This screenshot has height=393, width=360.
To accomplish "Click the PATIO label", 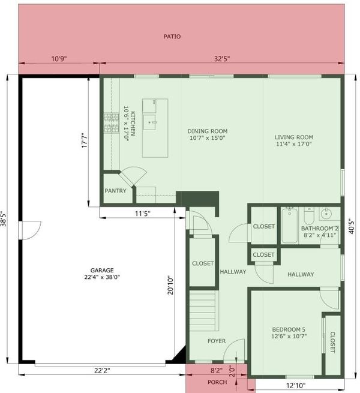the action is tap(172, 37).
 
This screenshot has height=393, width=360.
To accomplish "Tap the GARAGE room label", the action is tap(102, 270).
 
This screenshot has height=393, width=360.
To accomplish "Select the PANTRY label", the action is tap(115, 191).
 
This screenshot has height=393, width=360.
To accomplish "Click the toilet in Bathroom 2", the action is tap(309, 215).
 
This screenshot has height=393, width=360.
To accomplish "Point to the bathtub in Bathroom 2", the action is tap(290, 226).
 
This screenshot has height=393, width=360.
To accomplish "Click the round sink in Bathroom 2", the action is tap(326, 214).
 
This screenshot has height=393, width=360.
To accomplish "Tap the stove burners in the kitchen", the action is tap(112, 123).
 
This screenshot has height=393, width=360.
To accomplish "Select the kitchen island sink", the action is tap(149, 122).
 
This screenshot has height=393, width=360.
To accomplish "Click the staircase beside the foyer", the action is tap(204, 311).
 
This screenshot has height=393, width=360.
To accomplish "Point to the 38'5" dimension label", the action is tap(4, 219).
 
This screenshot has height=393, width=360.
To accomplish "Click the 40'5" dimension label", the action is tap(352, 227).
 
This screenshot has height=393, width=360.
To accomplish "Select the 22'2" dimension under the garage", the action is tap(102, 370).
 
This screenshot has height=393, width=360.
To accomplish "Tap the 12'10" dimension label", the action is tap(296, 385).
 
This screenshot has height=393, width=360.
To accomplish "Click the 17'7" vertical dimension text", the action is tap(85, 140).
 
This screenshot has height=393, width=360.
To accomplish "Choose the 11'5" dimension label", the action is tap(143, 214).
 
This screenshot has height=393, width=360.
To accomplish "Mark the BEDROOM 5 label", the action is tap(289, 329).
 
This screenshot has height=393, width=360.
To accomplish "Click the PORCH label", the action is tap(217, 382).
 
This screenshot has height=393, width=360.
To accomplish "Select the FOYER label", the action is tap(217, 341).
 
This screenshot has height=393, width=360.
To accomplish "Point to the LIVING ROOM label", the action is tap(294, 137).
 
